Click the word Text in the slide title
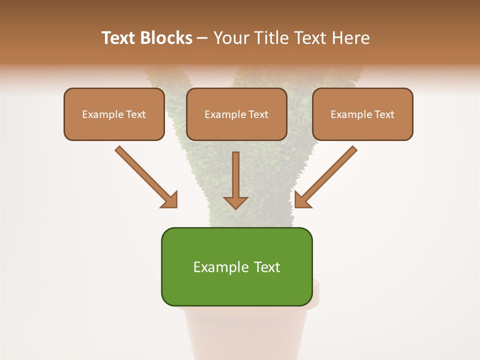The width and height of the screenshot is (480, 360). tap(119, 38)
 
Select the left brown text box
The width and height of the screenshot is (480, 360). tap(114, 114)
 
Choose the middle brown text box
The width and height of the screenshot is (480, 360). tap(236, 114)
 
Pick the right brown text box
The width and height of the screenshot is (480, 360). tap(362, 114)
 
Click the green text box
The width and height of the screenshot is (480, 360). tap(236, 266)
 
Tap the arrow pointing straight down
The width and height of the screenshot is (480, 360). tap(235, 180)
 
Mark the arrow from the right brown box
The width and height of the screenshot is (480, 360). tap(326, 176)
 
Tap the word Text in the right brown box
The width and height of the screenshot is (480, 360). tap(384, 114)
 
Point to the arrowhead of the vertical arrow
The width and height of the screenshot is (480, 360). tap(235, 202)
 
